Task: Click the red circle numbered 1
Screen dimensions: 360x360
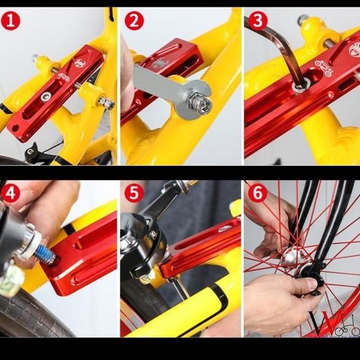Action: (x=10, y=21)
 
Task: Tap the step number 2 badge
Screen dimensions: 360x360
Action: (x=134, y=21)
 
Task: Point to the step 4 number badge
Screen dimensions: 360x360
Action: (x=10, y=194)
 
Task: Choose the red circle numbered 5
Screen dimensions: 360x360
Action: (x=134, y=194)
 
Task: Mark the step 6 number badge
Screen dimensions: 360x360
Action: (x=257, y=194)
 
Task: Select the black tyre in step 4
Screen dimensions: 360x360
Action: (x=37, y=313)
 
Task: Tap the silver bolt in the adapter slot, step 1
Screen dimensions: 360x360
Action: (x=46, y=96)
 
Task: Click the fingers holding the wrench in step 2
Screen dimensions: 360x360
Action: (x=127, y=68)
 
